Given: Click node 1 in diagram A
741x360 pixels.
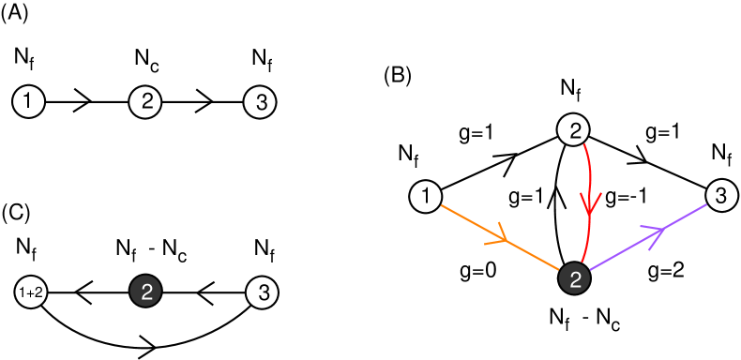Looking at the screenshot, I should tap(29, 102).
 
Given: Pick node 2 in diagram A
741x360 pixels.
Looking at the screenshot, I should tap(145, 102).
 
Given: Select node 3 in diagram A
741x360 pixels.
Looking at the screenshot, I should tap(260, 102).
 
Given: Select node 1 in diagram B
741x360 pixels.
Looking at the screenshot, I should tap(427, 197).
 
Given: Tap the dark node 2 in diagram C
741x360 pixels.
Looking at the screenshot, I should tap(145, 292).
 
